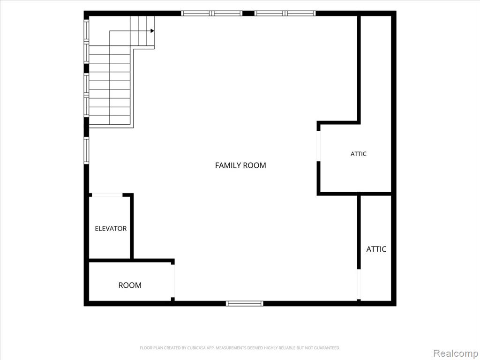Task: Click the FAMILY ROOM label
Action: click(x=240, y=165)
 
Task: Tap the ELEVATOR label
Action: click(x=111, y=228)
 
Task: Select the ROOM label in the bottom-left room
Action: click(x=130, y=285)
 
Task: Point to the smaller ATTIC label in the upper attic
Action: click(x=358, y=154)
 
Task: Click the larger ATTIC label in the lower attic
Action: click(x=376, y=249)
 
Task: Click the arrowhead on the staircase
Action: click(x=152, y=30)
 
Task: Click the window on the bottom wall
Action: click(x=245, y=303)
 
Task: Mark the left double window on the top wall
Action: click(x=211, y=13)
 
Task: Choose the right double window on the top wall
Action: click(x=285, y=13)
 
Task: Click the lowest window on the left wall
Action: click(x=86, y=150)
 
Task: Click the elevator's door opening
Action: click(x=107, y=195)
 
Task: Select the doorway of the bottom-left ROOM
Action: click(x=173, y=281)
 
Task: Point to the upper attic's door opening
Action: click(x=318, y=146)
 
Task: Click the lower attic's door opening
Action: click(x=359, y=285)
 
